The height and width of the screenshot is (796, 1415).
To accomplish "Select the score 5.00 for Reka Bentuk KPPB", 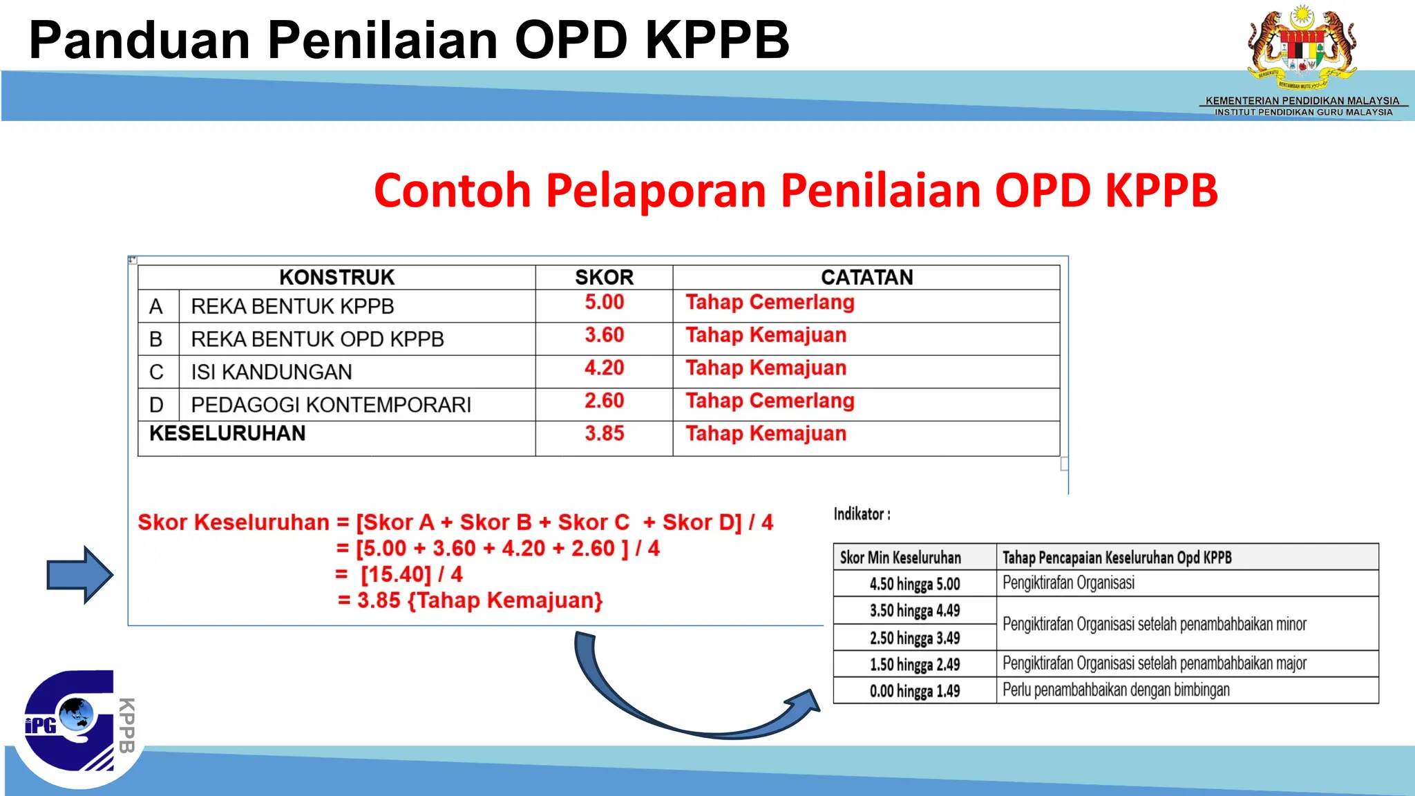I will click(x=604, y=303).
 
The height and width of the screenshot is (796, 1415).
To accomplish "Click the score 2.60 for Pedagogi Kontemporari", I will click(x=604, y=401).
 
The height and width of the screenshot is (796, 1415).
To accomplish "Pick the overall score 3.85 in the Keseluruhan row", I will click(x=604, y=434).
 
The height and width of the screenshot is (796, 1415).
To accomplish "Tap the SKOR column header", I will click(x=604, y=277).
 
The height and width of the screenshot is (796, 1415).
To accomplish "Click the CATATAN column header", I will click(x=866, y=277).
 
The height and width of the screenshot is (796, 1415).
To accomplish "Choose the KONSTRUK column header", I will click(x=336, y=277).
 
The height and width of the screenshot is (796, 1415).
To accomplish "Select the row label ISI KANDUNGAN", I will click(x=272, y=372).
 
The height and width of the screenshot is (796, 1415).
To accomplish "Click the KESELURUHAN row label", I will click(x=227, y=434).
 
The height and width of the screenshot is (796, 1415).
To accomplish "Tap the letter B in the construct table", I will click(x=156, y=339).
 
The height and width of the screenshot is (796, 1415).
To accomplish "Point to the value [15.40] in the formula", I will click(x=395, y=574).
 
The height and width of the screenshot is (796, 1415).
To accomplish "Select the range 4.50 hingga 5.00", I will click(x=914, y=584).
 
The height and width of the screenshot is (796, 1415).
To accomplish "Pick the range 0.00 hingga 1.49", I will click(x=914, y=690).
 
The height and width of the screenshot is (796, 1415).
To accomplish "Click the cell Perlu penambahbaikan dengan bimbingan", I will click(x=1116, y=690).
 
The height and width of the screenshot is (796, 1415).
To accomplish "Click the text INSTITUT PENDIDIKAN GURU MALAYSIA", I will click(x=1303, y=113).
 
